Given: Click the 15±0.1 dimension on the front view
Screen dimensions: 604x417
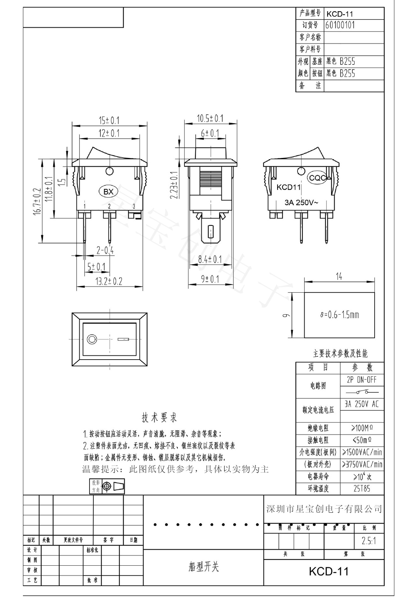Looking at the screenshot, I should (x=109, y=120).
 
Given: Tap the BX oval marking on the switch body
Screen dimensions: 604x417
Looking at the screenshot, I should (x=108, y=192).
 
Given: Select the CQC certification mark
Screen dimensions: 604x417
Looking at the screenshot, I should (x=317, y=178).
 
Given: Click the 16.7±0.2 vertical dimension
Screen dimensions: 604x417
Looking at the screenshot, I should (x=37, y=201).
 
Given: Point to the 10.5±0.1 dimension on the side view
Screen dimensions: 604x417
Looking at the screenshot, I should (x=210, y=119).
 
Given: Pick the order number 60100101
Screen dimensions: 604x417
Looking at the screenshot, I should (x=340, y=25).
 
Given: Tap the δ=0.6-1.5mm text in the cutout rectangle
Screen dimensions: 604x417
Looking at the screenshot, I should (x=339, y=315).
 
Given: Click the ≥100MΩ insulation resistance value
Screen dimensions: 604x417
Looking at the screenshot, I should (x=362, y=428).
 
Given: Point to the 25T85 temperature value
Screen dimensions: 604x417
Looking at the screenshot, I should (x=362, y=489).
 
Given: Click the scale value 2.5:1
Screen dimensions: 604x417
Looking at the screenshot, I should (x=369, y=541).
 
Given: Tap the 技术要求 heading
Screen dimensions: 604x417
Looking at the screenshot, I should (x=159, y=418).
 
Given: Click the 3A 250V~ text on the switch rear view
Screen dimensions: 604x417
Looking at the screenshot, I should (x=301, y=203).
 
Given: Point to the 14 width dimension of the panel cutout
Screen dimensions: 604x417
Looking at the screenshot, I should (x=339, y=277).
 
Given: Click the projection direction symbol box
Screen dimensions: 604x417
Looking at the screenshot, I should (x=107, y=487).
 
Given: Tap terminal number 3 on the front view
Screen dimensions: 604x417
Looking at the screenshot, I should (x=134, y=206).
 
